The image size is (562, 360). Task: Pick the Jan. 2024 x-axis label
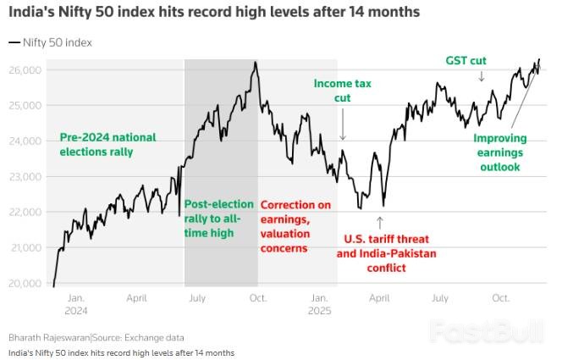click(75, 304)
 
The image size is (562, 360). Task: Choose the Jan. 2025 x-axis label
click(319, 304)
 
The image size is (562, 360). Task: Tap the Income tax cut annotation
click(343, 91)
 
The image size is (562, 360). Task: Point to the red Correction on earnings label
click(295, 226)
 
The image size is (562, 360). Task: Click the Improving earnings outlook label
click(499, 152)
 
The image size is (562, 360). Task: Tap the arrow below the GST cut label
click(482, 77)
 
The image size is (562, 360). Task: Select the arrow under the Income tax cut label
click(344, 130)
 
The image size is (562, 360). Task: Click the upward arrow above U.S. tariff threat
click(380, 224)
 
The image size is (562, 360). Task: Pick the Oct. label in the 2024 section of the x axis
click(257, 299)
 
